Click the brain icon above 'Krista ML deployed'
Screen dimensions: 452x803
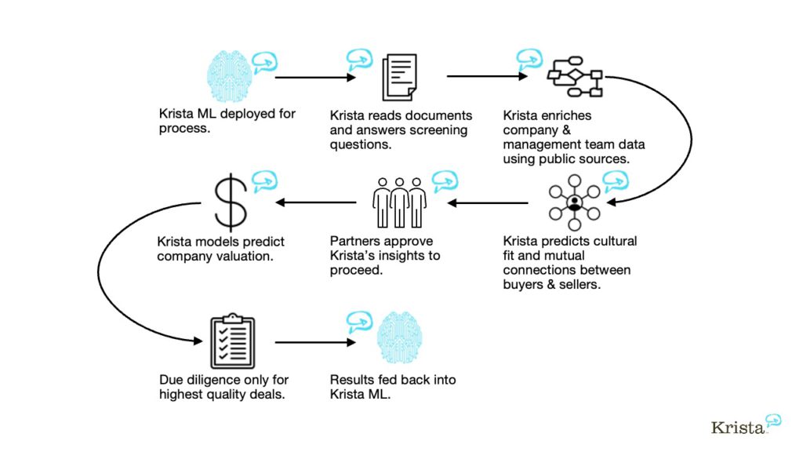point(229,76)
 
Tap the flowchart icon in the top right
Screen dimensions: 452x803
point(574,77)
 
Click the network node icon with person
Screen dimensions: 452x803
point(574,202)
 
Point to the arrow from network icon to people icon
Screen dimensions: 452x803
point(488,202)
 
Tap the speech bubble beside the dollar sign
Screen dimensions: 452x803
point(264,180)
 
